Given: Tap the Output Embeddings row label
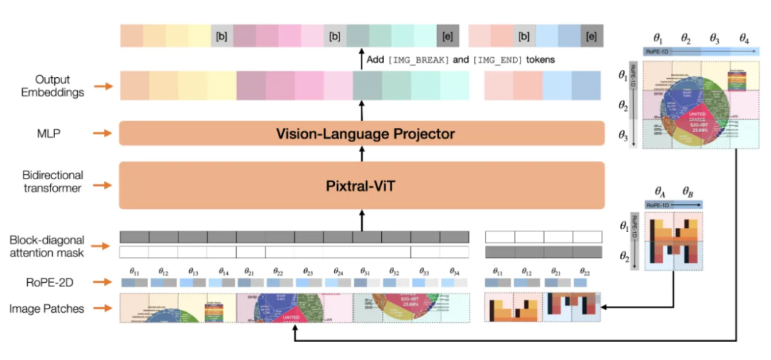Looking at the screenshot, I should coord(54,86).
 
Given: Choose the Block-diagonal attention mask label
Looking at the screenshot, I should coord(54,245).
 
